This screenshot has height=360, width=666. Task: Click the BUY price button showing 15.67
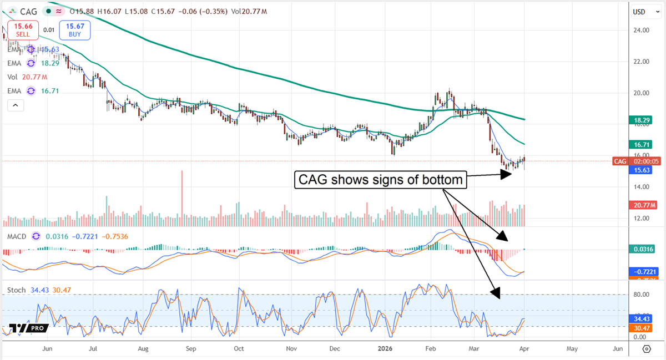(x=75, y=29)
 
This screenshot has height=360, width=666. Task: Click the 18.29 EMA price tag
(x=643, y=119)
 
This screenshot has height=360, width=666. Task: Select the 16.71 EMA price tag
(x=643, y=144)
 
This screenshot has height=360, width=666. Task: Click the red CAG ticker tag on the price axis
(x=619, y=161)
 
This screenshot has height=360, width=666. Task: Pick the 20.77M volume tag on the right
(x=643, y=205)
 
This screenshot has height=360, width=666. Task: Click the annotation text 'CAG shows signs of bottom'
(x=381, y=180)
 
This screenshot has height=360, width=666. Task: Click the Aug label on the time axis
(x=143, y=349)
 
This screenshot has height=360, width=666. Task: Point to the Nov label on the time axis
(x=291, y=349)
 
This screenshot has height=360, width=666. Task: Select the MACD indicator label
(x=16, y=236)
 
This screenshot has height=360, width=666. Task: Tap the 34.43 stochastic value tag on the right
(x=643, y=319)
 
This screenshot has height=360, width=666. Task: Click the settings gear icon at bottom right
(x=647, y=349)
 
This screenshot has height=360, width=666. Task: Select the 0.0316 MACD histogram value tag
(x=643, y=250)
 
